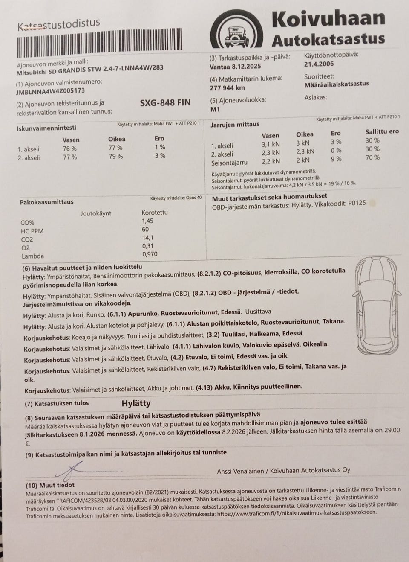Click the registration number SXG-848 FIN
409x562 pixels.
165,102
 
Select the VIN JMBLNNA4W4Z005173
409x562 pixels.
50,91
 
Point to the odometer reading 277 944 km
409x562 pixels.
227,88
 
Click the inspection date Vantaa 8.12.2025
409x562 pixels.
235,67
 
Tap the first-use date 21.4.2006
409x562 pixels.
319,64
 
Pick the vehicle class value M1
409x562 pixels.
215,109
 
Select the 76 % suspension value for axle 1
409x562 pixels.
69,149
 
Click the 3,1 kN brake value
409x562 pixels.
271,144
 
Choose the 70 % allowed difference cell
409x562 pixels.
372,157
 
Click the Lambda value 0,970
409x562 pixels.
150,254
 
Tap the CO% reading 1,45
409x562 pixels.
147,221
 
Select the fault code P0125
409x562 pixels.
357,203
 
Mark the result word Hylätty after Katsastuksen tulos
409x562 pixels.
136,403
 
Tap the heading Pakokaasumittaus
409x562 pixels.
46,202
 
